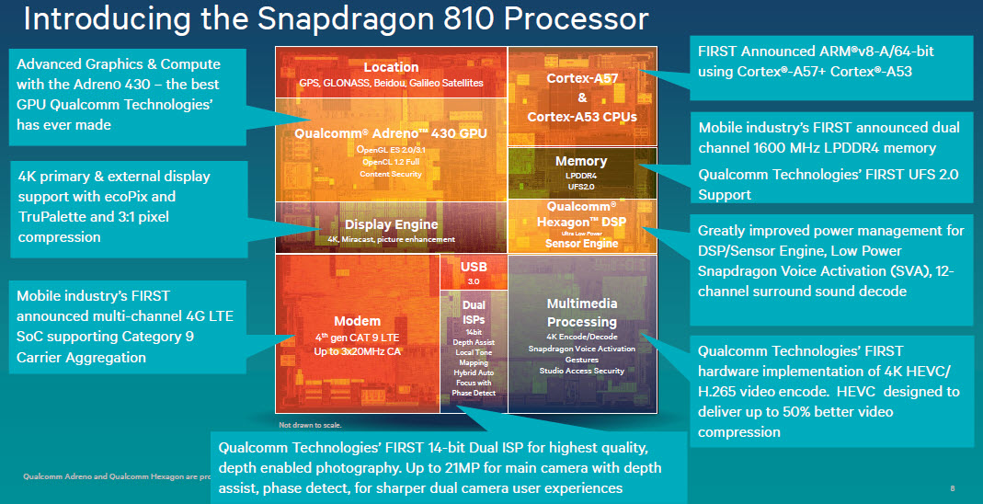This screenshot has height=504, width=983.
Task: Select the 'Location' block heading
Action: (x=391, y=67)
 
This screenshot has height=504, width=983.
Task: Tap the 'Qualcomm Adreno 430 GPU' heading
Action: (x=391, y=132)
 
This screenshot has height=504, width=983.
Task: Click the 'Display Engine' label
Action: (x=391, y=224)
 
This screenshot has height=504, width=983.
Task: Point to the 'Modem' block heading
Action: (x=357, y=321)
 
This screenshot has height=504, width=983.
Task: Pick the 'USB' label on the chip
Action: (x=474, y=267)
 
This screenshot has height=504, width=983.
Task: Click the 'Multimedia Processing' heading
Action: (x=581, y=313)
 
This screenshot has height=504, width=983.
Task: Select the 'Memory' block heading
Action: (x=581, y=161)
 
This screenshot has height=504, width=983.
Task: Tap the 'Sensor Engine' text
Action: (x=581, y=244)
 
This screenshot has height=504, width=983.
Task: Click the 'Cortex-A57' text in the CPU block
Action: (x=581, y=78)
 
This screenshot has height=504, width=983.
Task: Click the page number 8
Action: (x=951, y=487)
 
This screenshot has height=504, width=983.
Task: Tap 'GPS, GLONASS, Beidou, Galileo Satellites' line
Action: (x=391, y=83)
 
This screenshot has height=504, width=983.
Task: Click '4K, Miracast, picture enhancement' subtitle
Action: (x=391, y=239)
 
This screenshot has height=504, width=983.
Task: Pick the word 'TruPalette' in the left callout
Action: (x=51, y=217)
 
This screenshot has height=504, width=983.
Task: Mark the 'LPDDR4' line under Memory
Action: (x=581, y=175)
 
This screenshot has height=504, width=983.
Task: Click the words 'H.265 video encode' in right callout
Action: (x=765, y=391)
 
